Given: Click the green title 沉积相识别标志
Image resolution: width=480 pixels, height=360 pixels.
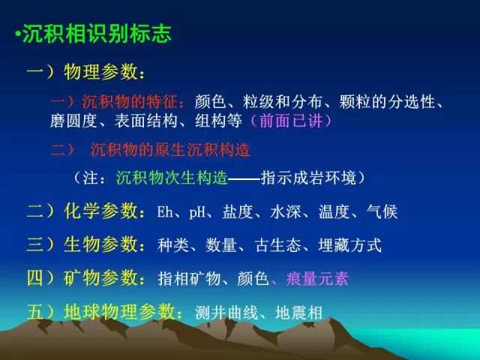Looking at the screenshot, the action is click(x=97, y=33).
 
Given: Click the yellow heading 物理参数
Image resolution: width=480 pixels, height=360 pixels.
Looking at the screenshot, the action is click(x=100, y=72).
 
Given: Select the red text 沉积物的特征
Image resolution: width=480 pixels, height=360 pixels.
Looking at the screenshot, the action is click(x=130, y=102).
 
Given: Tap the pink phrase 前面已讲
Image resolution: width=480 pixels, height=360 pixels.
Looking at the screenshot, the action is click(x=291, y=120).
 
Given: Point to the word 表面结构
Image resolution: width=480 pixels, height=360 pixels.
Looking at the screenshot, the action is click(x=145, y=121).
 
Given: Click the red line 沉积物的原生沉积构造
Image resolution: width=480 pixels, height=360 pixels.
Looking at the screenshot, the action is click(x=170, y=150).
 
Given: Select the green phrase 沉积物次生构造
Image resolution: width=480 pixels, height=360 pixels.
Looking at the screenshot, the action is click(x=172, y=178).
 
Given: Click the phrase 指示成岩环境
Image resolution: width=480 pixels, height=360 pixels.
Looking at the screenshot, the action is click(x=308, y=178).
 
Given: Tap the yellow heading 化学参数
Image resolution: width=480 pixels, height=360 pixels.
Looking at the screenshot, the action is click(x=100, y=211).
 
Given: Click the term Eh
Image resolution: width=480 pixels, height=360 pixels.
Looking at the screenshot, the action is click(x=165, y=211).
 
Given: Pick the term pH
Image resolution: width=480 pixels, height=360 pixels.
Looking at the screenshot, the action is click(x=197, y=211).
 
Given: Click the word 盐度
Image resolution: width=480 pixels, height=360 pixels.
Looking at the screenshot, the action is click(x=238, y=211).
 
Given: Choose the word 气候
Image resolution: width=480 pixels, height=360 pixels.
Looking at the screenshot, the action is click(x=382, y=211).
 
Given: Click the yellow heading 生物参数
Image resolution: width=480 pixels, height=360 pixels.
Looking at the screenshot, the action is click(x=100, y=244).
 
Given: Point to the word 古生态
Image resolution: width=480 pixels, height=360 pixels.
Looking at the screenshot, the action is click(x=278, y=245).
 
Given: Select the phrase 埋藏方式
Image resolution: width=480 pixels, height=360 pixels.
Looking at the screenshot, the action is click(x=350, y=245).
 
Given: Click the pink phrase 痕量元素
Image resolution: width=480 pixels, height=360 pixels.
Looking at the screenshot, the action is click(x=317, y=278).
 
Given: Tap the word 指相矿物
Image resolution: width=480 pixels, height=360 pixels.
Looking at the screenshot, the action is click(x=190, y=278).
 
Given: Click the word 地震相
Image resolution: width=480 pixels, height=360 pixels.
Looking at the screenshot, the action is click(x=298, y=313).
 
